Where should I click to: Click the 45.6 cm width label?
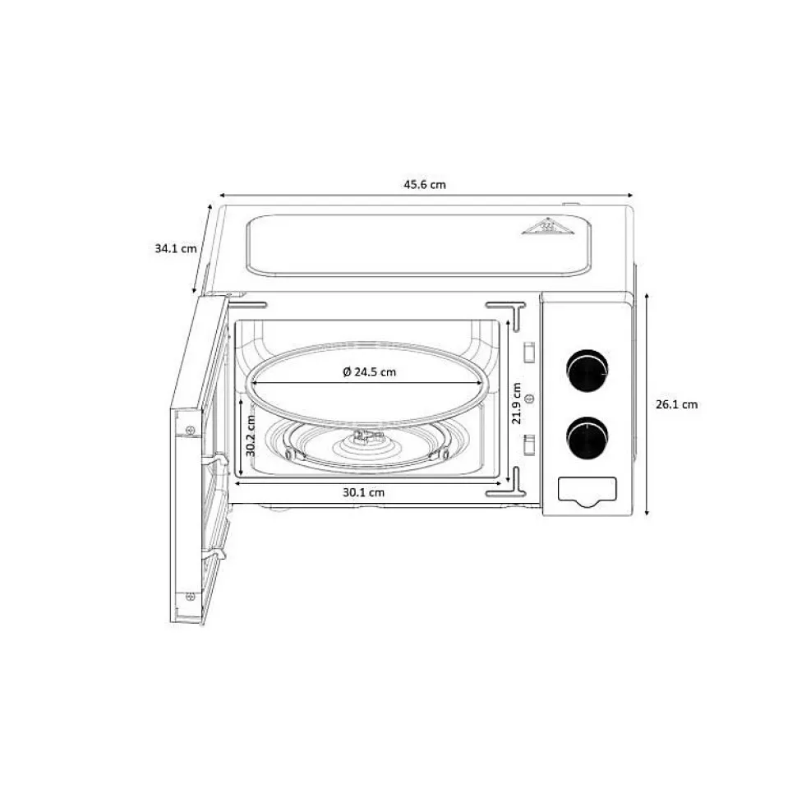pos(424,184)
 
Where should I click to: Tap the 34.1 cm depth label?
pos(175,247)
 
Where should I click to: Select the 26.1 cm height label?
pos(676,404)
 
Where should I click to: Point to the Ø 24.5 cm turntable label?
pos(369,371)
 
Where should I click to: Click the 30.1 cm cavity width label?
pos(363,492)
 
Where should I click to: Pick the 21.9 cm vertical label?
pos(515,404)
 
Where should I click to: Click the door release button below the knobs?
pos(587,491)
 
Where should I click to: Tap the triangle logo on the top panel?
pos(546,226)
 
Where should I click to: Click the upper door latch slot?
pos(529,351)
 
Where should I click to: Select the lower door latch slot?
pos(529,445)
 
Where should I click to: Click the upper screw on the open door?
pos(191,429)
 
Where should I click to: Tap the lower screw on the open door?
pos(191,596)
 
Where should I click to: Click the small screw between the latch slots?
pos(528,399)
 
